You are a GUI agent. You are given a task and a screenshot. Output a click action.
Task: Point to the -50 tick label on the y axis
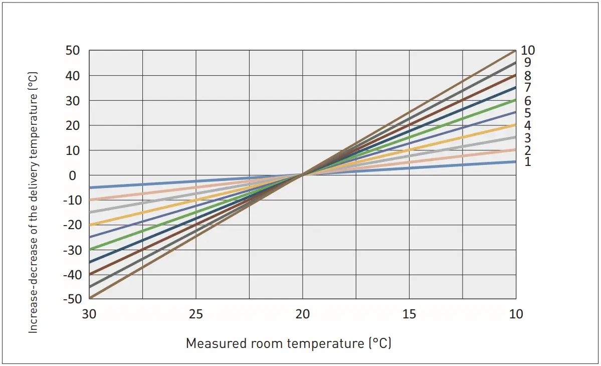click(72, 299)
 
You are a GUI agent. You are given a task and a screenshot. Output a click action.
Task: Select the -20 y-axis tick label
click(72, 225)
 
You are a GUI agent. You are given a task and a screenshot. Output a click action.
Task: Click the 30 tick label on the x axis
click(89, 314)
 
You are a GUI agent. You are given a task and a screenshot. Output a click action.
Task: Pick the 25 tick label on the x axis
click(196, 314)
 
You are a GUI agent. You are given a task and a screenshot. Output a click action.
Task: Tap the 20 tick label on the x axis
click(302, 314)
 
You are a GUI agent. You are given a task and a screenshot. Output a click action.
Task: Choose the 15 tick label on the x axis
click(409, 314)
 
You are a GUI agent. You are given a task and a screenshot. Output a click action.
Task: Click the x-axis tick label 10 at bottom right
click(516, 314)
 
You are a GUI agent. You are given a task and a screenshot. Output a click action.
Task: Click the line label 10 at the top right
click(528, 50)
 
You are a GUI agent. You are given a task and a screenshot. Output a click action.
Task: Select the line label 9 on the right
click(527, 63)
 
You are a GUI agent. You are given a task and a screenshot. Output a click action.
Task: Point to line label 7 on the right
click(527, 88)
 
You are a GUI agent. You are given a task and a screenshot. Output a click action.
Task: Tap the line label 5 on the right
click(527, 113)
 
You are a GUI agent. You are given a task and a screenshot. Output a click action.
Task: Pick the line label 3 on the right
click(527, 138)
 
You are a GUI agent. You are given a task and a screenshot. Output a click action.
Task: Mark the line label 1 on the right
click(527, 162)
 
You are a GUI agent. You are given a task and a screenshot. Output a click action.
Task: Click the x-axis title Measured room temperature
click(288, 343)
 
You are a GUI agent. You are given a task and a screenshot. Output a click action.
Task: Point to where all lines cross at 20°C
click(302, 174)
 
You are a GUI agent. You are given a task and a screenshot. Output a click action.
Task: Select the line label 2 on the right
click(527, 150)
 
